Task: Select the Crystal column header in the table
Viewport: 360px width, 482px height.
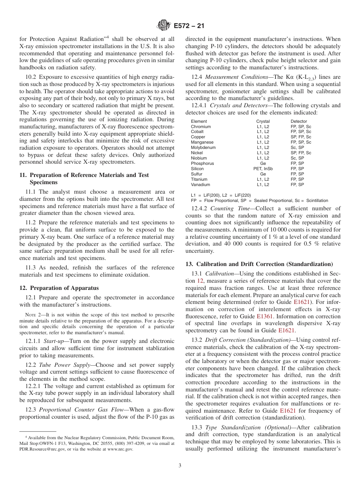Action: tap(263, 121)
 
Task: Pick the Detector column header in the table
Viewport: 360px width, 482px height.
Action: tap(299, 121)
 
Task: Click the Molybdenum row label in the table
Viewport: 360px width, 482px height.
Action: tap(203, 147)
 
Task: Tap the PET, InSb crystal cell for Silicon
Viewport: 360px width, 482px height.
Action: tap(263, 169)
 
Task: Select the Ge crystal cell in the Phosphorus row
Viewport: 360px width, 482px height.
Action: tap(263, 163)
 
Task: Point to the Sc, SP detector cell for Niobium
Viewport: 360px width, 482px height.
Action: tap(297, 158)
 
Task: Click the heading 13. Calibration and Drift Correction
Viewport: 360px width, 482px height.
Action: tap(259, 264)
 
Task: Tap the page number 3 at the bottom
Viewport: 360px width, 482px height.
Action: tap(180, 466)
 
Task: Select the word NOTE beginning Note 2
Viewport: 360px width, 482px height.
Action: tap(30, 315)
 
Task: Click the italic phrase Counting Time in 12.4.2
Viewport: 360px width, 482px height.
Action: tap(227, 208)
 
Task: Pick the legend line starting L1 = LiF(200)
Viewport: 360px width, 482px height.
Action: tap(221, 195)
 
